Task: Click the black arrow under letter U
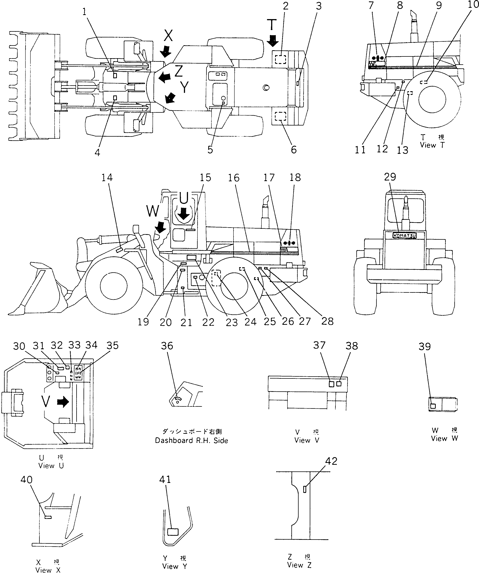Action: (x=184, y=213)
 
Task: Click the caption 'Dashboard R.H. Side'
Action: (x=192, y=441)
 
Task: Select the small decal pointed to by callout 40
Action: (x=48, y=517)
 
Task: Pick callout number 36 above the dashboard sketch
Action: (x=167, y=346)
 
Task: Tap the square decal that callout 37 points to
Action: (x=331, y=384)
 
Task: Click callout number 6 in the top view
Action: (x=294, y=150)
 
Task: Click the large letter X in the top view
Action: (x=169, y=35)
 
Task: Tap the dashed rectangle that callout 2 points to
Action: (x=280, y=59)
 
